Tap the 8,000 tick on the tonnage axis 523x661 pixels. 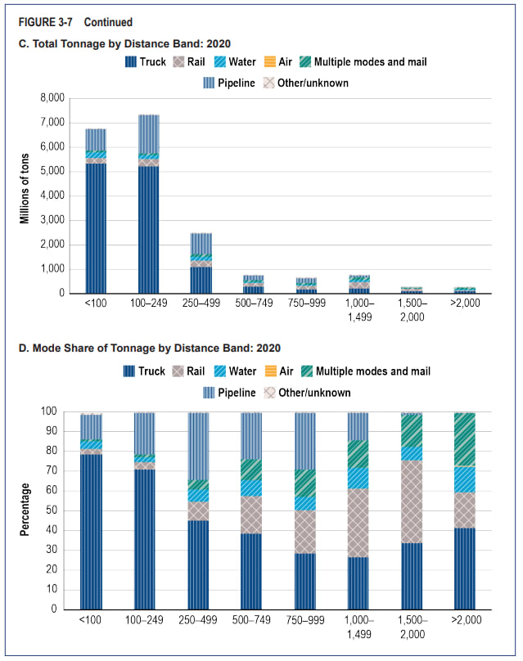pyautogui.click(x=52, y=98)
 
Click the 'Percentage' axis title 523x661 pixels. pyautogui.click(x=25, y=508)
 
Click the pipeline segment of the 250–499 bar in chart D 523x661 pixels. pyautogui.click(x=198, y=446)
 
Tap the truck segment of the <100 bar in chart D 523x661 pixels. pyautogui.click(x=92, y=532)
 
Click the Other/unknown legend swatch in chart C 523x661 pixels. pyautogui.click(x=268, y=83)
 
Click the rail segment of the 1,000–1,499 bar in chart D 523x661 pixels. pyautogui.click(x=358, y=523)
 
